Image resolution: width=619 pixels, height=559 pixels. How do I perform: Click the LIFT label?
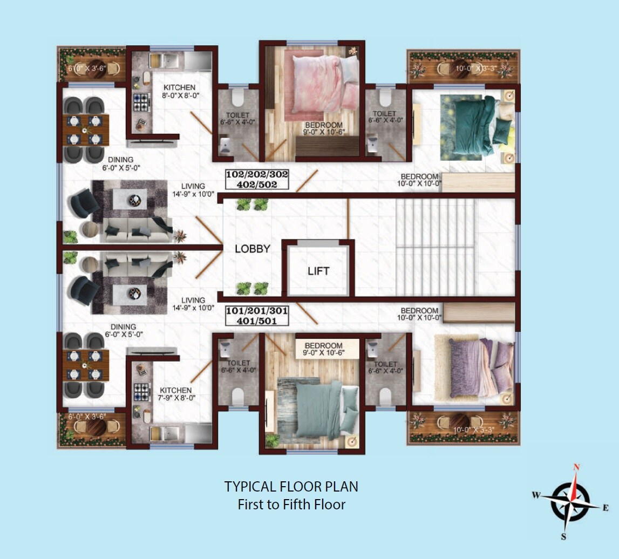(318, 271)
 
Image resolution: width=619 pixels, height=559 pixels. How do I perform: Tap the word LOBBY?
(253, 249)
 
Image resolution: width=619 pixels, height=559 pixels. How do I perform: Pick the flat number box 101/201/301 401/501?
(256, 316)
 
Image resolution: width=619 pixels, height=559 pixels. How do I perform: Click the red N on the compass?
(576, 467)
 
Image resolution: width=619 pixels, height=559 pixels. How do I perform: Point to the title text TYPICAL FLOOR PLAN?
(291, 487)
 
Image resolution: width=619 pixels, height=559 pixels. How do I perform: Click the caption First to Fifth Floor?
(291, 505)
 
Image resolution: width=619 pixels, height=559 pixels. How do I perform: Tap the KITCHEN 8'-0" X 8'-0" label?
(180, 92)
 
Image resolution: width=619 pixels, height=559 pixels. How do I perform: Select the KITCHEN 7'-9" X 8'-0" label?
(176, 394)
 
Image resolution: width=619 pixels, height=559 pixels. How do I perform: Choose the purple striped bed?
(478, 367)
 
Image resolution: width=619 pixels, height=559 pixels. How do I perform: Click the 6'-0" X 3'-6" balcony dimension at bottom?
(87, 417)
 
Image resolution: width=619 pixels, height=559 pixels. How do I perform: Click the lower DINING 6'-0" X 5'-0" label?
(123, 331)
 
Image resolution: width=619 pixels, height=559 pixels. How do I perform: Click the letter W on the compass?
(536, 495)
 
